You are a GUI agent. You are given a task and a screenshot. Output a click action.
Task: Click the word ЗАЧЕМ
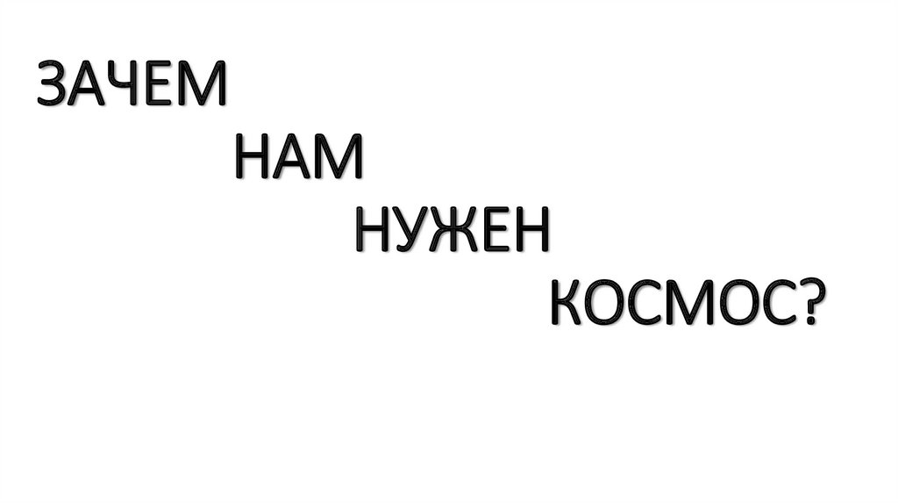(132, 86)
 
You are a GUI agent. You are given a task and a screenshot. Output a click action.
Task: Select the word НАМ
(299, 160)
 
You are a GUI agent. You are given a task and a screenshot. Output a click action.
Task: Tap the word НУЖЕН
(453, 233)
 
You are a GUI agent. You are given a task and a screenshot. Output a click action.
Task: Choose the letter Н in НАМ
(253, 160)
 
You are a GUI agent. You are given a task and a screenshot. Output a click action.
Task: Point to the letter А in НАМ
(295, 160)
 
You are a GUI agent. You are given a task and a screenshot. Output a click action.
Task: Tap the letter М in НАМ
(339, 160)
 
